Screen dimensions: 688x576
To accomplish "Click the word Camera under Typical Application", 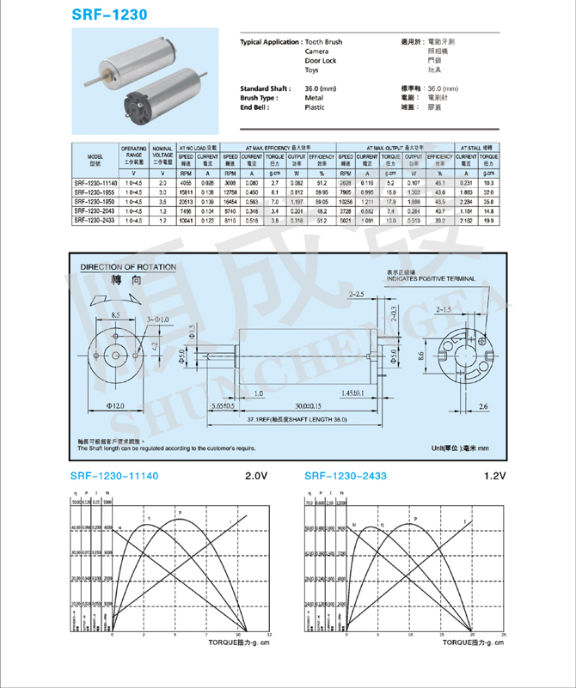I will (x=317, y=52).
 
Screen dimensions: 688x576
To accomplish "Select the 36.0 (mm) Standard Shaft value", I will (x=321, y=89).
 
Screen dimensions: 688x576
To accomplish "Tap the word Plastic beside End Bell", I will (x=315, y=107).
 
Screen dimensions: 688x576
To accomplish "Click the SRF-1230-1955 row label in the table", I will (x=95, y=192).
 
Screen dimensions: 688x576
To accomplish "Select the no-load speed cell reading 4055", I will (x=186, y=183).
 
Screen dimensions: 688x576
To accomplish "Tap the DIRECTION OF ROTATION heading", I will (x=128, y=267).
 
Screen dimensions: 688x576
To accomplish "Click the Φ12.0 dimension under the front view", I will (x=118, y=404).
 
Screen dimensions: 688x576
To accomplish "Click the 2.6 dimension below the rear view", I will (x=483, y=405).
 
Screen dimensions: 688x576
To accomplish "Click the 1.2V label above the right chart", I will (x=495, y=476).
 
